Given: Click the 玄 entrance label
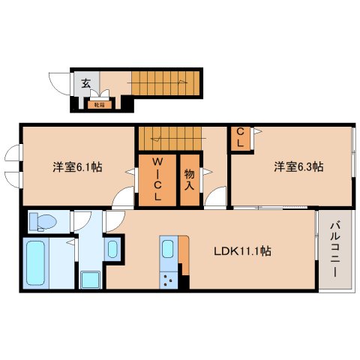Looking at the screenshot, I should (85, 84).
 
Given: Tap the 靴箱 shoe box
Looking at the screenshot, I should (98, 105).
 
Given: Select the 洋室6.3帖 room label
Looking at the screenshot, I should (298, 166).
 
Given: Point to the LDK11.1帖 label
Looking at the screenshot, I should (241, 250).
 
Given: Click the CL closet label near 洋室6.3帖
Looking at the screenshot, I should (240, 139).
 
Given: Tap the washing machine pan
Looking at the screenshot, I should (92, 280).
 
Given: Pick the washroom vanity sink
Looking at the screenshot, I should (112, 248).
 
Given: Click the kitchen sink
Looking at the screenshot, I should (167, 250).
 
